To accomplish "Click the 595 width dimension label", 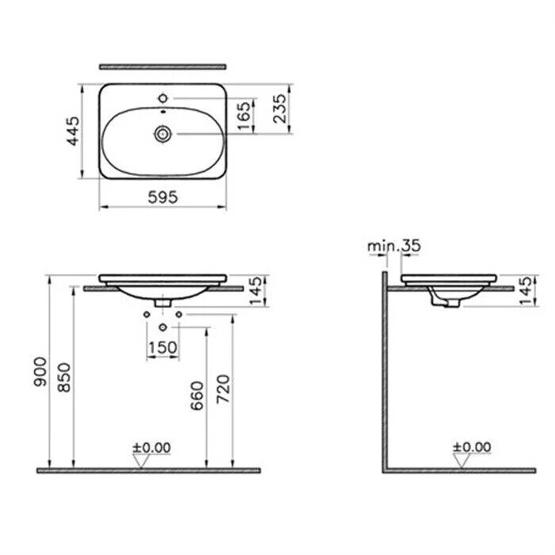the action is click(x=163, y=197).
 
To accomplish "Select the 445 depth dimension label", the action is click(x=74, y=131).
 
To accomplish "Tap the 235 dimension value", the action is click(x=280, y=109).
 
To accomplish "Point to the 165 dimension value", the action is click(x=244, y=116).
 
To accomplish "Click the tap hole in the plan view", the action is click(x=163, y=98).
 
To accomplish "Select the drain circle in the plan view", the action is click(x=163, y=134).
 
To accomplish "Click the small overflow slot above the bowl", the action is click(x=163, y=112).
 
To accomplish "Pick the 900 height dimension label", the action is click(x=40, y=372).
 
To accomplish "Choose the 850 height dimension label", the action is click(x=64, y=377).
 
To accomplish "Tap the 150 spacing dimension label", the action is click(x=163, y=347).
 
